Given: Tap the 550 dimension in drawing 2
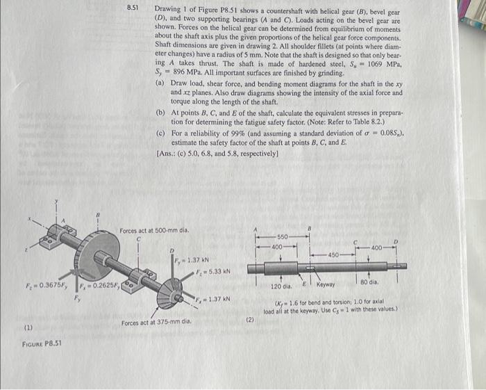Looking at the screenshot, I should (x=283, y=236).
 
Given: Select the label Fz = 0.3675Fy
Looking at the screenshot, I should (x=47, y=284).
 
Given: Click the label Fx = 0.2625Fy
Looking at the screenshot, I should (x=97, y=284).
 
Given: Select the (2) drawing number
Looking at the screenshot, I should (x=250, y=320).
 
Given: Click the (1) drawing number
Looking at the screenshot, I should (x=30, y=326).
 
